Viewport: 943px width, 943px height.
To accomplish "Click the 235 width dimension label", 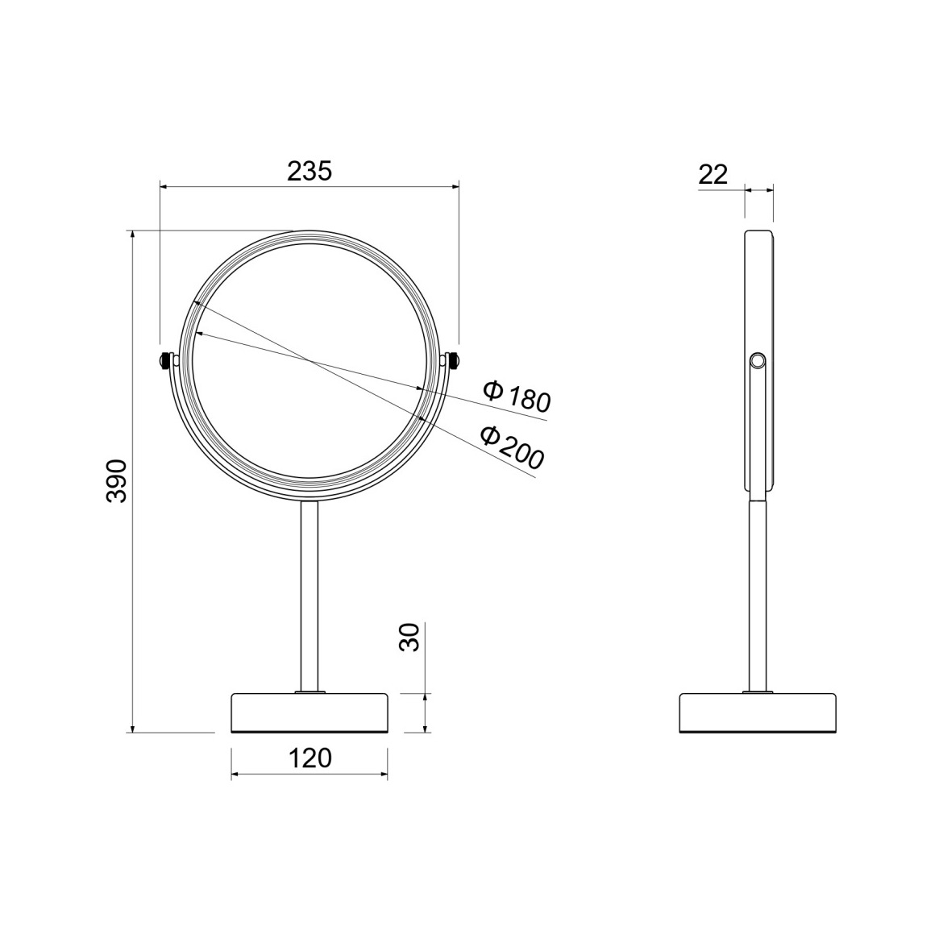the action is [x=309, y=172].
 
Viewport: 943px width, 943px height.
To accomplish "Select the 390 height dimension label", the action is [x=116, y=481].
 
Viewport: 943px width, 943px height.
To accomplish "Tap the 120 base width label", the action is [x=309, y=758].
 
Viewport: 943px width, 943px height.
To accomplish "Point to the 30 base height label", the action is [x=409, y=638].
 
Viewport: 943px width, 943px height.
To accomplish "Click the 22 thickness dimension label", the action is [x=713, y=174].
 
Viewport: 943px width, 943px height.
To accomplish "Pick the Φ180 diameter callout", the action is [x=517, y=396].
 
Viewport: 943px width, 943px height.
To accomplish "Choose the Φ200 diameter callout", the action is [x=513, y=447].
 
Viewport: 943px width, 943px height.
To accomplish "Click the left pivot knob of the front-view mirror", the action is [x=165, y=360].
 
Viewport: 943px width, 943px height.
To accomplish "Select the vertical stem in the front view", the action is [x=309, y=596].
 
